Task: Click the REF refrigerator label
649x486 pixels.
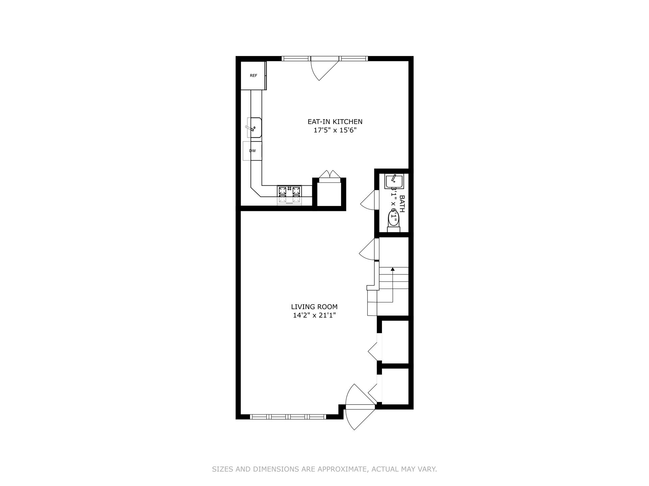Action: (x=254, y=76)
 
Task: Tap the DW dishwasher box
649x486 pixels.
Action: (x=253, y=151)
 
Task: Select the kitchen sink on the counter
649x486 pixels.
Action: (x=254, y=128)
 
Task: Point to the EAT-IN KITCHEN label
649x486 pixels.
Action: (x=335, y=122)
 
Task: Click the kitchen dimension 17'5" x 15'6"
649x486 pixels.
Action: (x=335, y=130)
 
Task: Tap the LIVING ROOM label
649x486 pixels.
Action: (x=314, y=307)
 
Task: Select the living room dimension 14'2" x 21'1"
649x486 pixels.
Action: (x=314, y=316)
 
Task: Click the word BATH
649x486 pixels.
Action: (x=402, y=204)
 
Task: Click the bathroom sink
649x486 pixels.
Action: (x=394, y=182)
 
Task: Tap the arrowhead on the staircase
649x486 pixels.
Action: (x=392, y=269)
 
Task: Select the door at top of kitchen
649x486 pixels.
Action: (x=324, y=69)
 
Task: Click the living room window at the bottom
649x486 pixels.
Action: (x=288, y=416)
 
